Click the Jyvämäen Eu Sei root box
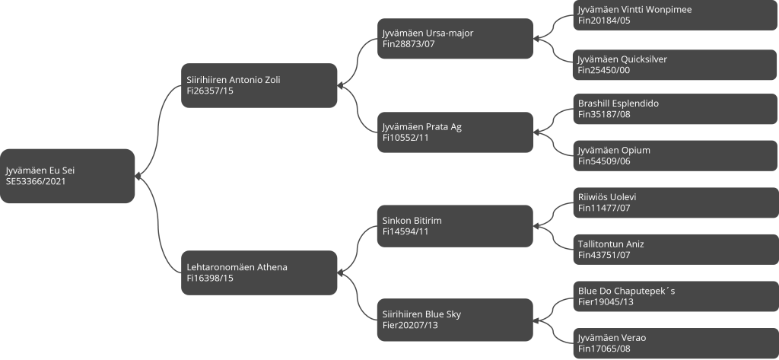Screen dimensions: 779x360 click(67, 176)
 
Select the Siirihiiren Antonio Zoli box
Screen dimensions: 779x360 click(259, 85)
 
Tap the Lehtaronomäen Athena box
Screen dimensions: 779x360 click(259, 273)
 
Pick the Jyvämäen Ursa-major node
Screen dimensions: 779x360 click(455, 39)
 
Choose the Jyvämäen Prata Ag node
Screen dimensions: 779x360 click(455, 132)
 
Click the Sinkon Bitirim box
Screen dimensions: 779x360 click(455, 226)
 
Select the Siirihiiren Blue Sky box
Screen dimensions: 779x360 click(455, 320)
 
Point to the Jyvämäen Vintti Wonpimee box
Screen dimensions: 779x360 click(676, 15)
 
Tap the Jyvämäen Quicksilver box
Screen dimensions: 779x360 click(676, 65)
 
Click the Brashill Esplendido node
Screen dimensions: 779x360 click(676, 109)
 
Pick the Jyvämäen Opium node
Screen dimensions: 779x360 click(676, 155)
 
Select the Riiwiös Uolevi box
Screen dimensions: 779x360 click(676, 202)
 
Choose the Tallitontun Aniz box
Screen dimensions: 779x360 click(676, 250)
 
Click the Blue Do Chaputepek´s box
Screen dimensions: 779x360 click(676, 296)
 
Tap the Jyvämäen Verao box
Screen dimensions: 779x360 click(676, 343)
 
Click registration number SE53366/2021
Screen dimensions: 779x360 click(36, 181)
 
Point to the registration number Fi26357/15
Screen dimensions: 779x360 click(210, 91)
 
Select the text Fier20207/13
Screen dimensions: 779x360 click(410, 325)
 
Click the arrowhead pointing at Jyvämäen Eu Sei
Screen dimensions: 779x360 click(138, 176)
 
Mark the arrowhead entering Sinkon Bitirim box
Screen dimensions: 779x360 click(536, 226)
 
